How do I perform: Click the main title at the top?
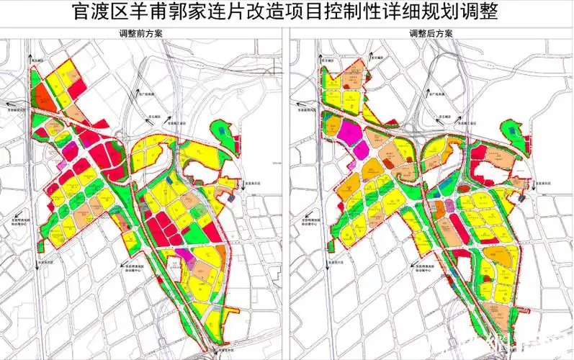point(287,12)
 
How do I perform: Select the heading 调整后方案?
point(431,34)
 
